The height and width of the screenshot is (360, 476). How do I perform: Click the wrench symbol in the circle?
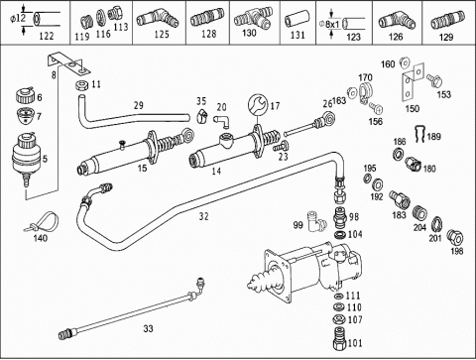259,105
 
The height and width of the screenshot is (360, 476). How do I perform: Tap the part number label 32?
204,216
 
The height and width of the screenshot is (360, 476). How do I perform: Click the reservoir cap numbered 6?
25,95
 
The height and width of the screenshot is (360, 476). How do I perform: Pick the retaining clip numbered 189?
419,134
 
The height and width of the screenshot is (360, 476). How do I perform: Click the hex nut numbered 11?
81,85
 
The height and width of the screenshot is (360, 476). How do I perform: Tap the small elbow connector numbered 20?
221,120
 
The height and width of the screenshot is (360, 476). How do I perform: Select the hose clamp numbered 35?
202,115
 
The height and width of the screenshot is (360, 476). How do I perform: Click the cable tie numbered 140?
46,221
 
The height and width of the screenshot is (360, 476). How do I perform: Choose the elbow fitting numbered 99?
315,222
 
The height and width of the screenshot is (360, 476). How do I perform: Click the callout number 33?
149,328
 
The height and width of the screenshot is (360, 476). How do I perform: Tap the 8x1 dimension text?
332,24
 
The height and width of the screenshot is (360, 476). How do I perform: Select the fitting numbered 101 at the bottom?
339,338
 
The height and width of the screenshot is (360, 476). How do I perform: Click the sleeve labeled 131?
296,20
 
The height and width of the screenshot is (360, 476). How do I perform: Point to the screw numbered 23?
281,147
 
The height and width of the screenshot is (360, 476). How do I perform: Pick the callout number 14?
216,172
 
